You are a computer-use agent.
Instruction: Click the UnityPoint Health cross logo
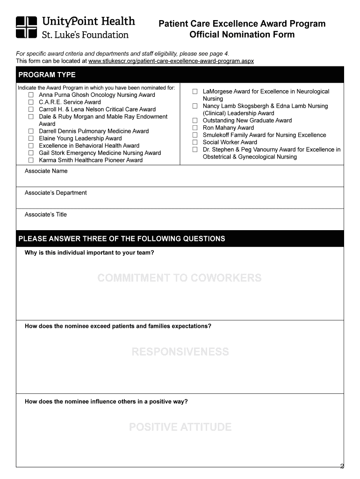coord(26,27)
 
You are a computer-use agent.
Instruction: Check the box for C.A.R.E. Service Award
coord(31,102)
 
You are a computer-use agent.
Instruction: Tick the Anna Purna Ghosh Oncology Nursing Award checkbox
coord(31,95)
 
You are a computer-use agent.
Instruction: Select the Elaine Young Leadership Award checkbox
coord(31,138)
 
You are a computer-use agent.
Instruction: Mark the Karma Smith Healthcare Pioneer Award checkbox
coord(31,160)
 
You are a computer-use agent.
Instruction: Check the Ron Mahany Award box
coord(195,128)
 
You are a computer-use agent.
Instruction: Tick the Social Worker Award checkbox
coord(195,142)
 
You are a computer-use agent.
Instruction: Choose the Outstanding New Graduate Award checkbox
coord(195,121)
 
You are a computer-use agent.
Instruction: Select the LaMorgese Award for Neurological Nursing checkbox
coord(195,92)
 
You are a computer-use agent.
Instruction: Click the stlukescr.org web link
coord(171,61)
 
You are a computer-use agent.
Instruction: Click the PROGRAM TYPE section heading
coord(47,75)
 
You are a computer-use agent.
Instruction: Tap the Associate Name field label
coord(46,171)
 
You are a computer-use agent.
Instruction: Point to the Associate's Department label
coord(56,193)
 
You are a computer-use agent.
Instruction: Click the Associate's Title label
coord(46,215)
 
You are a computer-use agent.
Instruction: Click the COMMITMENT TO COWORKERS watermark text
coord(180,278)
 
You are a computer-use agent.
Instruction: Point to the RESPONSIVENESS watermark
coord(180,352)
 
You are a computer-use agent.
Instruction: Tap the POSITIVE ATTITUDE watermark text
coord(180,427)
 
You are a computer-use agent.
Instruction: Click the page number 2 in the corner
coord(342,466)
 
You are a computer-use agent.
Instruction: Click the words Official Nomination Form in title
coord(242,35)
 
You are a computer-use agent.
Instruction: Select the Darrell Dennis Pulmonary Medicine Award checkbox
coord(31,131)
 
